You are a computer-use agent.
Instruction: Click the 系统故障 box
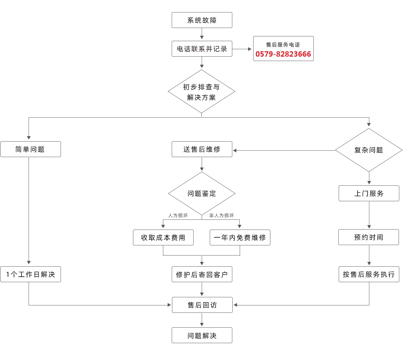point(202,20)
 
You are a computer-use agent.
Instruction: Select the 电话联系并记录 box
point(202,49)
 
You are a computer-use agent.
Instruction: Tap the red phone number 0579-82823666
point(283,54)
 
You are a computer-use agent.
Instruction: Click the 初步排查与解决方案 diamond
point(201,92)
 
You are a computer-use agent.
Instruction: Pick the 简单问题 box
point(30,149)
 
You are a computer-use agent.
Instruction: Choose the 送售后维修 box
point(202,149)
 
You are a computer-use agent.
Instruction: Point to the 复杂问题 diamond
point(369,150)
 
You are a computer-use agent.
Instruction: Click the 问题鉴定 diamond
point(202,193)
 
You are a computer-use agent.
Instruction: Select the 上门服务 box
point(369,193)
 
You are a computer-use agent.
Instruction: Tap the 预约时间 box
point(368,237)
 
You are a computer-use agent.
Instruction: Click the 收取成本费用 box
point(163,238)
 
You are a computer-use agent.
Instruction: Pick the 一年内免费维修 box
point(240,238)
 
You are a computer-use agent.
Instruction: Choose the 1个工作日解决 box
point(30,274)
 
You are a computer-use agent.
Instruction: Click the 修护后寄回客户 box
point(202,275)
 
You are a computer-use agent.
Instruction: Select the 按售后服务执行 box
point(369,274)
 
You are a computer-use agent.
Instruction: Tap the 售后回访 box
point(202,305)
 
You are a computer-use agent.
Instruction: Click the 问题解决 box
point(202,335)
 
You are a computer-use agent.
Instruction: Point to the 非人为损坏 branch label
point(221,215)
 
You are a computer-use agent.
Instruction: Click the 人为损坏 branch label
point(178,215)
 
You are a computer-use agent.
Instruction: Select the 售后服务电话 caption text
point(283,44)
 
